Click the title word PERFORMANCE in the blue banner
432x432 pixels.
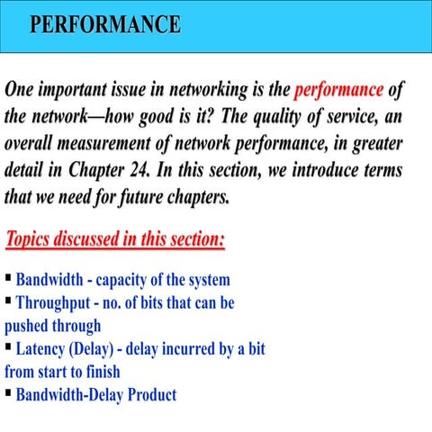coord(104,24)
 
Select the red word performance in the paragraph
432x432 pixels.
coord(339,91)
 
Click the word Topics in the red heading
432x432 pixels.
coord(32,241)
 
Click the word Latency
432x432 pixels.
coord(44,348)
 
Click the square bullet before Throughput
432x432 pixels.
coord(8,301)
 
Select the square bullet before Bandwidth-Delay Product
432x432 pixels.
coord(8,392)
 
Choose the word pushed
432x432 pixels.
coord(28,326)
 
